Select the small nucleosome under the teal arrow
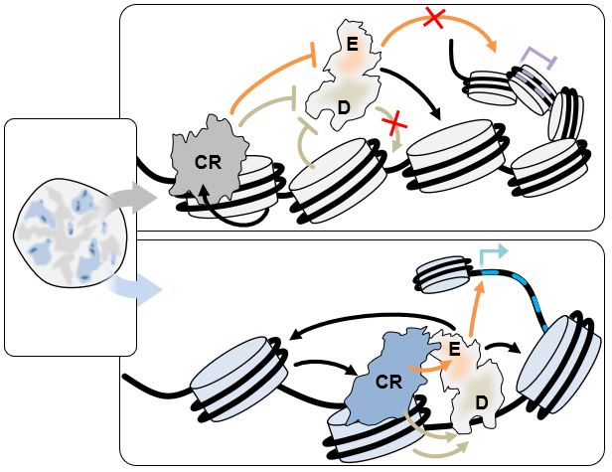pos(443,273)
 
